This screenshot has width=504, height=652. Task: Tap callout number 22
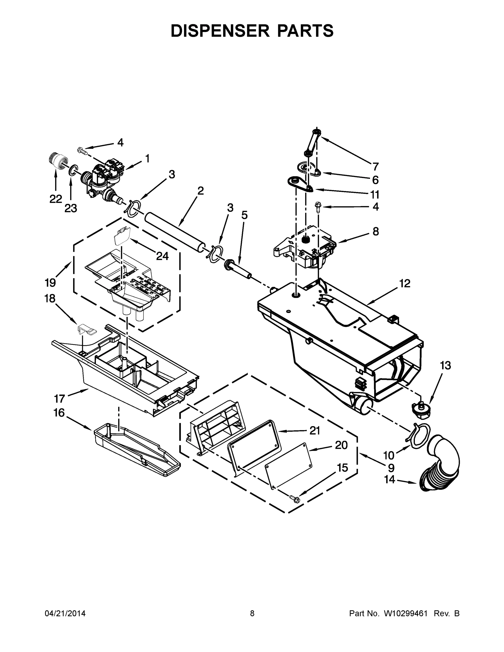click(56, 199)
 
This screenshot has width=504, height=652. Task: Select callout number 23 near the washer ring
click(71, 208)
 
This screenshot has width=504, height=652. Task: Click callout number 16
click(59, 413)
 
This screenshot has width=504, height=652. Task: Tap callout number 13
click(446, 365)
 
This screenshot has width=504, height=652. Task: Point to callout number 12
click(405, 283)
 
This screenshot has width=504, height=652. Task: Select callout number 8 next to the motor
click(375, 231)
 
